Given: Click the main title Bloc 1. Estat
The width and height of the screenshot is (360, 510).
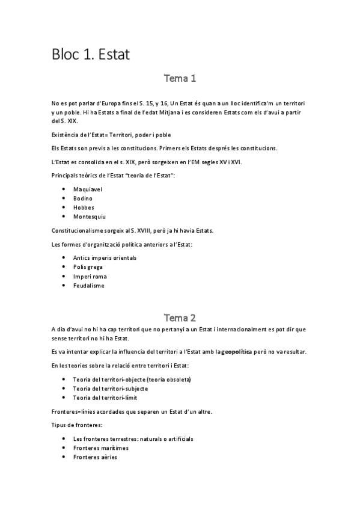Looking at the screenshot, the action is point(90,55).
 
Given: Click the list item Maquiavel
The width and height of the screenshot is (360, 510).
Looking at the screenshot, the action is point(87,189).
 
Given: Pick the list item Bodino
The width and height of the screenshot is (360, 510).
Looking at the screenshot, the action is point(84,198).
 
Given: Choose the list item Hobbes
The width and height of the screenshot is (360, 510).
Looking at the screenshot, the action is point(84,207).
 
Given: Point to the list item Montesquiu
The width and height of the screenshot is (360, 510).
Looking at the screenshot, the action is point(89,216).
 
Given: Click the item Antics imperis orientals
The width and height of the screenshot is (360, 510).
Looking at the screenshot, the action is point(105,257).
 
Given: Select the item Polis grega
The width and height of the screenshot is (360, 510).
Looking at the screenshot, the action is point(88,266).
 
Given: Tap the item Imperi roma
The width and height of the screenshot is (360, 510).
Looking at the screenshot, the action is point(90,276).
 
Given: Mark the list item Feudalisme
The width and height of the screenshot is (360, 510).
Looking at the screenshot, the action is point(88,286).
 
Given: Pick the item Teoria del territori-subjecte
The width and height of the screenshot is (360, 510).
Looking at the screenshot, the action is point(110,389).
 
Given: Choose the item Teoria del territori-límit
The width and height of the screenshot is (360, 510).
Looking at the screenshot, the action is point(106,398).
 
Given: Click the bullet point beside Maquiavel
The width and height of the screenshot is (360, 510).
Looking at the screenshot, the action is point(64,189).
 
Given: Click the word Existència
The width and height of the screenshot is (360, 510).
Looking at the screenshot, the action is point(67,135).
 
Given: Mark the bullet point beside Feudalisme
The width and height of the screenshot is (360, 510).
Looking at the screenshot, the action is point(64,286).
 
